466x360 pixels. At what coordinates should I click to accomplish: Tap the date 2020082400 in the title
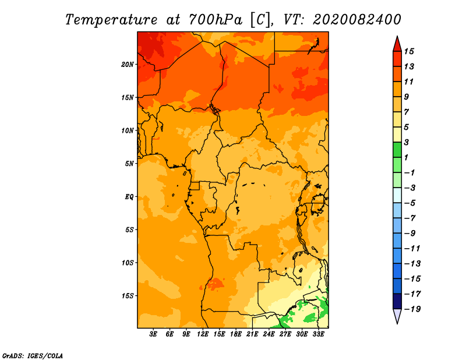click(x=356, y=19)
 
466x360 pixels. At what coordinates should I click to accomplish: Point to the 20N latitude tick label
click(x=128, y=64)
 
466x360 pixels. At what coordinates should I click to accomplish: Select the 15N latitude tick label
click(x=128, y=97)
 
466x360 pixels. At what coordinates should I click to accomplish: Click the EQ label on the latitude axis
click(x=129, y=196)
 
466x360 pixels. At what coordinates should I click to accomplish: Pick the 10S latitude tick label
click(x=128, y=263)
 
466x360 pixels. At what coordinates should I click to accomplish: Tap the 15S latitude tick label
click(x=128, y=296)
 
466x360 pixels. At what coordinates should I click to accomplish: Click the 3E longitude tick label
click(x=153, y=334)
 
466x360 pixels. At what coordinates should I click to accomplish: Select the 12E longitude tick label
click(x=203, y=334)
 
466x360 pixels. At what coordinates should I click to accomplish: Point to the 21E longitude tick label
click(x=252, y=334)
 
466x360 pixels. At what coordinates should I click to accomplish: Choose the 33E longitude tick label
click(x=318, y=334)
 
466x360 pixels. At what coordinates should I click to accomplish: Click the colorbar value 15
click(x=409, y=51)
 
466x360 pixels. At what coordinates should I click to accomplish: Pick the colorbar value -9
click(x=409, y=233)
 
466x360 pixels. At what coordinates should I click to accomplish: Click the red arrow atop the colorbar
click(x=397, y=44)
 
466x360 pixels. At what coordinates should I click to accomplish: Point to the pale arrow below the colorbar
click(x=397, y=316)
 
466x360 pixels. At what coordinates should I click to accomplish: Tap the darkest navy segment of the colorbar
click(x=397, y=301)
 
